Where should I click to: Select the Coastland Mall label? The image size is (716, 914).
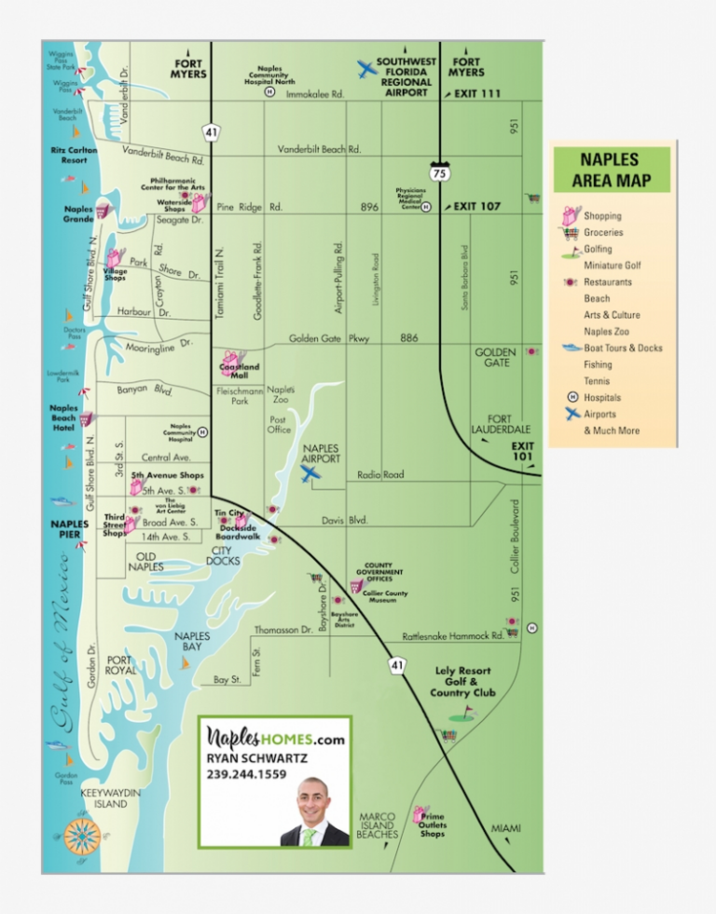pyautogui.click(x=239, y=370)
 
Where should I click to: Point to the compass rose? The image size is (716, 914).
pyautogui.click(x=83, y=835)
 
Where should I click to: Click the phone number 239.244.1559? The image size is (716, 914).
pyautogui.click(x=247, y=774)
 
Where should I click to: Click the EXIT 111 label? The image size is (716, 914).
pyautogui.click(x=477, y=93)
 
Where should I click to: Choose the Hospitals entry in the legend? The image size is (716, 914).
pyautogui.click(x=602, y=398)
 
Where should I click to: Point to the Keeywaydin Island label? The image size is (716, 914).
pyautogui.click(x=110, y=798)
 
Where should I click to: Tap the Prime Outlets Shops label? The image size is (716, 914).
pyautogui.click(x=433, y=825)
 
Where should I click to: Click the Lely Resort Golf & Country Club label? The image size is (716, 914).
pyautogui.click(x=462, y=682)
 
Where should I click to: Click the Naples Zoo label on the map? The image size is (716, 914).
pyautogui.click(x=281, y=395)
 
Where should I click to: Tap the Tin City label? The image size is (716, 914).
pyautogui.click(x=229, y=512)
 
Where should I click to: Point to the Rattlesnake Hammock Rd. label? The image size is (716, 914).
pyautogui.click(x=453, y=636)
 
